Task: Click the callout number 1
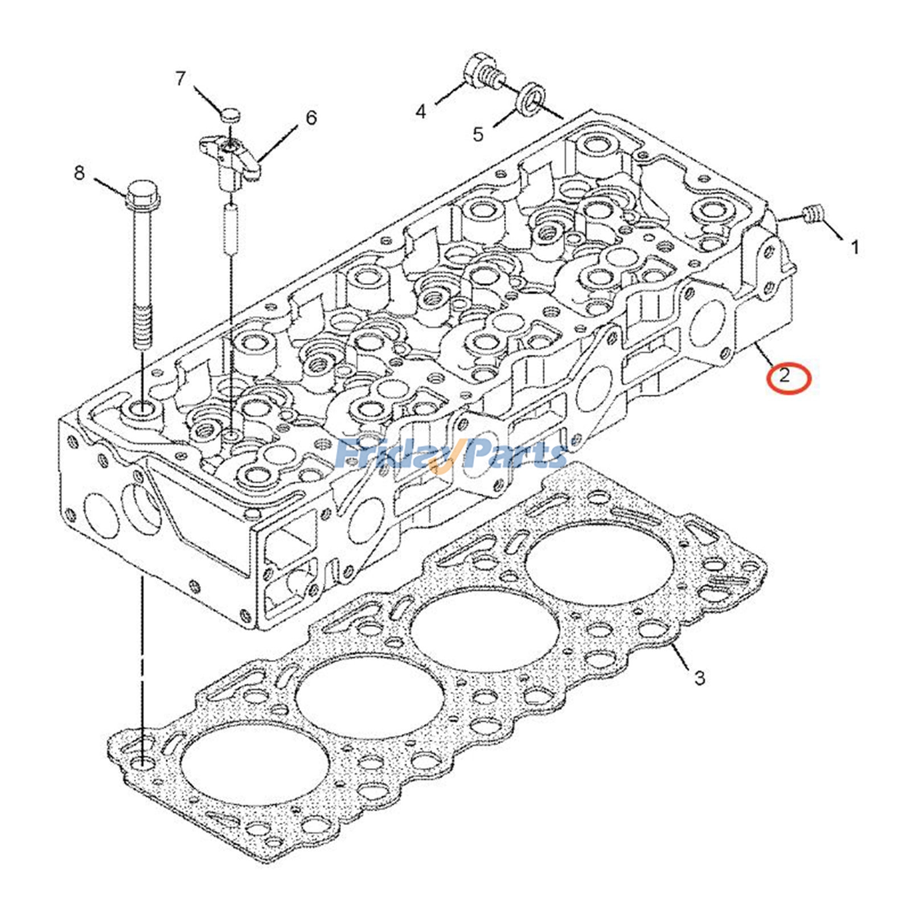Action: click(x=855, y=247)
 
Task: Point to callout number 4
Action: click(x=421, y=111)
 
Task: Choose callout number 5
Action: click(x=478, y=134)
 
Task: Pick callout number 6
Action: click(x=311, y=118)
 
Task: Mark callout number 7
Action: click(x=180, y=79)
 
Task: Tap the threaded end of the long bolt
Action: click(x=142, y=327)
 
